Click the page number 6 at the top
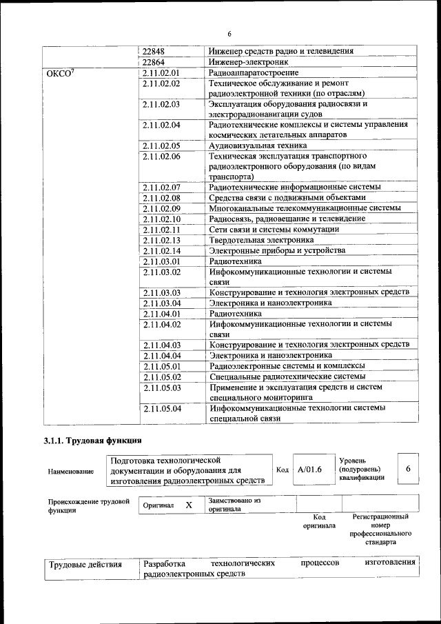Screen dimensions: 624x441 point(229,34)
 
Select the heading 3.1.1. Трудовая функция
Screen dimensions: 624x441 point(93,440)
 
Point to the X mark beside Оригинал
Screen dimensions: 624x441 point(188,505)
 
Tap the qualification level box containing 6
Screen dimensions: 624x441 point(408,469)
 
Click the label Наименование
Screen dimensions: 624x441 point(71,472)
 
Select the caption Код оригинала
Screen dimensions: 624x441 point(319,521)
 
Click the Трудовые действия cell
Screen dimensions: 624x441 point(84,565)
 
